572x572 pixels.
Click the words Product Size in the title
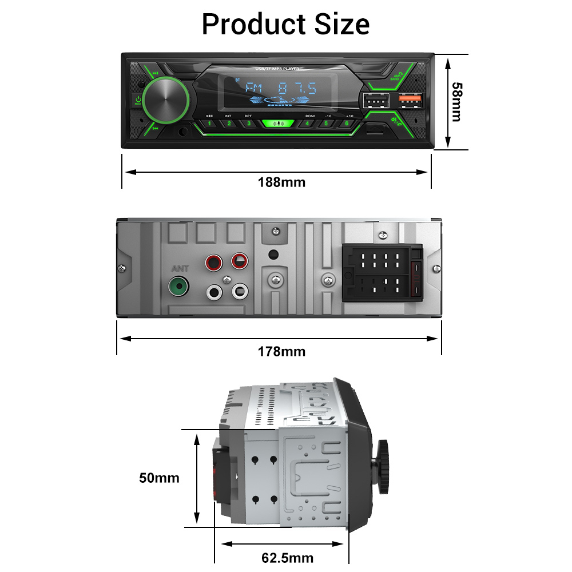[x=285, y=25]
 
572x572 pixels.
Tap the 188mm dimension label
[x=281, y=182]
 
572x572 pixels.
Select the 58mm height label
[x=456, y=102]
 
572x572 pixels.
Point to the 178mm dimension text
[x=281, y=351]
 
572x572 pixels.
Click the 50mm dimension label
[x=159, y=478]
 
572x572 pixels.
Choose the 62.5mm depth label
[x=287, y=558]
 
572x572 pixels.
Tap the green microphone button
[x=279, y=124]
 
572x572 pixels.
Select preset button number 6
[x=346, y=124]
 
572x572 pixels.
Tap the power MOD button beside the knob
[x=138, y=101]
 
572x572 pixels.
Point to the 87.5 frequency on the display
[x=297, y=89]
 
